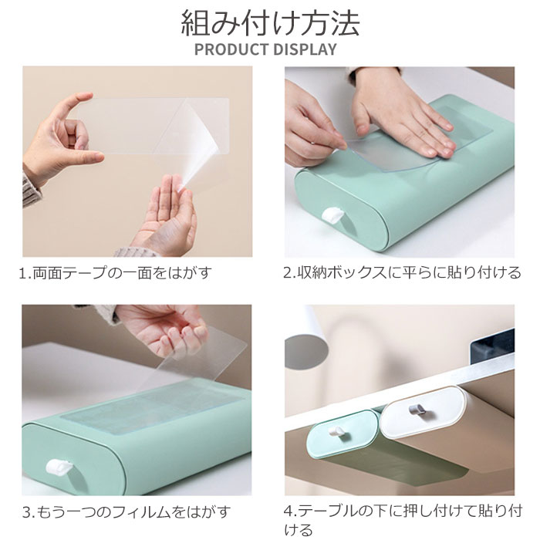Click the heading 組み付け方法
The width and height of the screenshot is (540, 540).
click(x=270, y=22)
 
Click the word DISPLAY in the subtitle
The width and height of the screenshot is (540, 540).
click(x=305, y=49)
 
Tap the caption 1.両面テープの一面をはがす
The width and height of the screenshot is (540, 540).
click(x=115, y=273)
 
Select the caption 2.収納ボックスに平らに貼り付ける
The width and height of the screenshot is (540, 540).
click(x=402, y=273)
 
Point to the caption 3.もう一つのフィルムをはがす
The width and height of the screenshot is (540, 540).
click(x=126, y=512)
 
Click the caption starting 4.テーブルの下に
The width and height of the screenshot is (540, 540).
click(x=403, y=520)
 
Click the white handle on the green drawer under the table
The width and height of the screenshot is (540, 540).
click(x=336, y=431)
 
